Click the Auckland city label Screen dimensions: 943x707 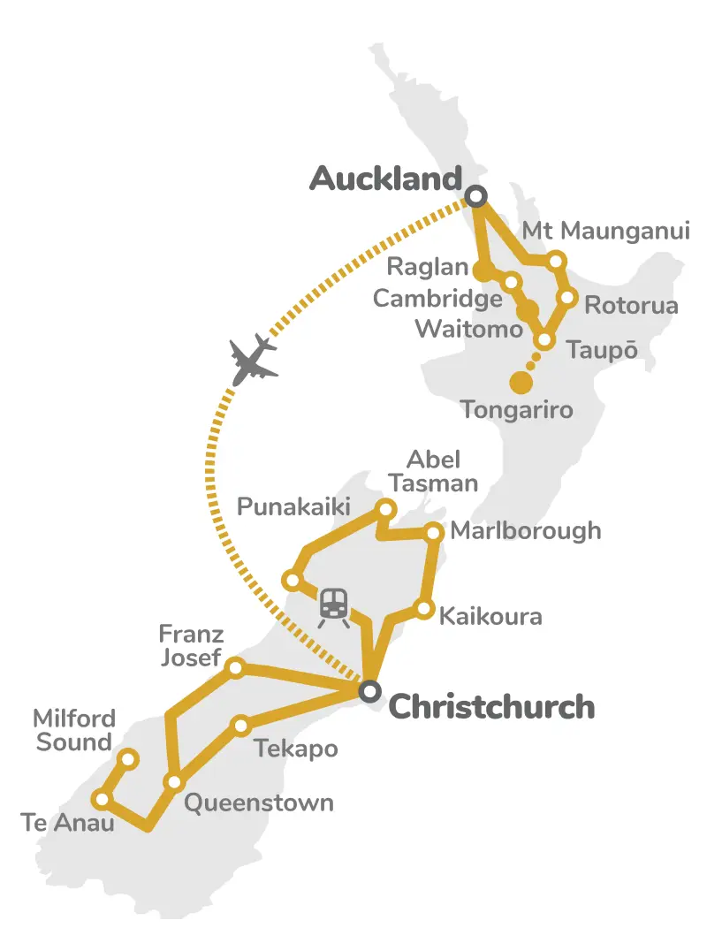click(386, 179)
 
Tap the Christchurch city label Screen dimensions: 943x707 click(491, 707)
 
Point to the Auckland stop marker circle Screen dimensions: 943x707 click(476, 195)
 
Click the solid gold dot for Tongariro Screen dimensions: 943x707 click(521, 382)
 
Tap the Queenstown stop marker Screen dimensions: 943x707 click(174, 782)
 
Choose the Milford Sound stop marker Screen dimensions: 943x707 click(128, 758)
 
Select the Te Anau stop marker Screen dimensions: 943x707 click(102, 800)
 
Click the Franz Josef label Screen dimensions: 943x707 click(191, 646)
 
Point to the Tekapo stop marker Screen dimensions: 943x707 click(240, 726)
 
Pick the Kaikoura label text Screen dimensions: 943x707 click(490, 616)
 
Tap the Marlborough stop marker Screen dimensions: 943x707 click(434, 532)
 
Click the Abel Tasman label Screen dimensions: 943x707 click(442, 471)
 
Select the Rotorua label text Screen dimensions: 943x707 click(631, 307)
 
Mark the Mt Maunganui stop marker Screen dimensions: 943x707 click(556, 261)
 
